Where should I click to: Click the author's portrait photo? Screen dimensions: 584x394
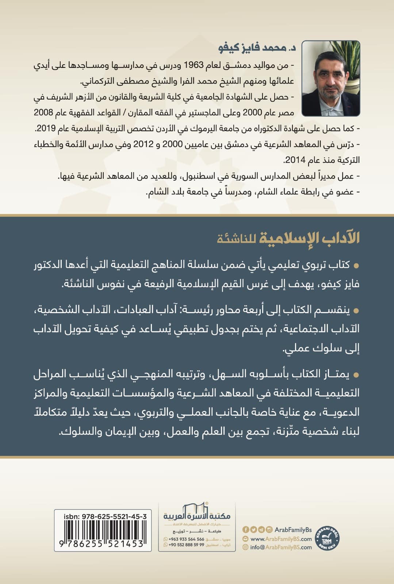pyautogui.click(x=331, y=78)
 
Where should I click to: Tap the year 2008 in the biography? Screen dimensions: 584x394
pyautogui.click(x=43, y=113)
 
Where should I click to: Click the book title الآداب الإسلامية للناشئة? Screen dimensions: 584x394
pyautogui.click(x=288, y=238)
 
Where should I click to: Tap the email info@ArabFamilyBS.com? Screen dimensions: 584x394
pyautogui.click(x=281, y=547)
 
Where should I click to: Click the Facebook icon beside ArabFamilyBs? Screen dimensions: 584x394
pyautogui.click(x=245, y=529)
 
